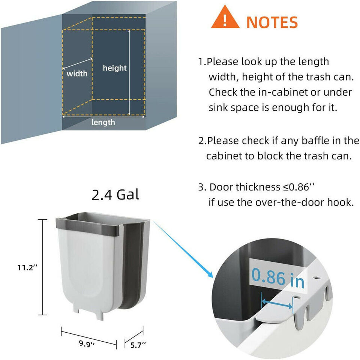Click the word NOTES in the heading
pyautogui.click(x=272, y=22)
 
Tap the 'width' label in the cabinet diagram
pyautogui.click(x=77, y=73)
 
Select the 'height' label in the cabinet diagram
pyautogui.click(x=115, y=68)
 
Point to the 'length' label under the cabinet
pyautogui.click(x=103, y=123)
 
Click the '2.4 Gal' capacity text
pyautogui.click(x=115, y=195)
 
